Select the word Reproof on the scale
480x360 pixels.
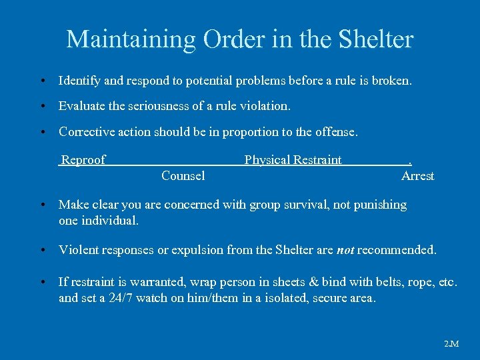(x=83, y=160)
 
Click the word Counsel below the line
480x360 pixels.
(x=183, y=176)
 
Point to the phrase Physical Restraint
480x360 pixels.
(x=293, y=160)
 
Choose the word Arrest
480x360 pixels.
(x=417, y=176)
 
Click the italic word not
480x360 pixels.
(x=345, y=251)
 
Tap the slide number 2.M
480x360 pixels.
(x=451, y=344)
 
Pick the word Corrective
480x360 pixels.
(x=87, y=132)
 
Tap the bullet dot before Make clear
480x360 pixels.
(x=42, y=205)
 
